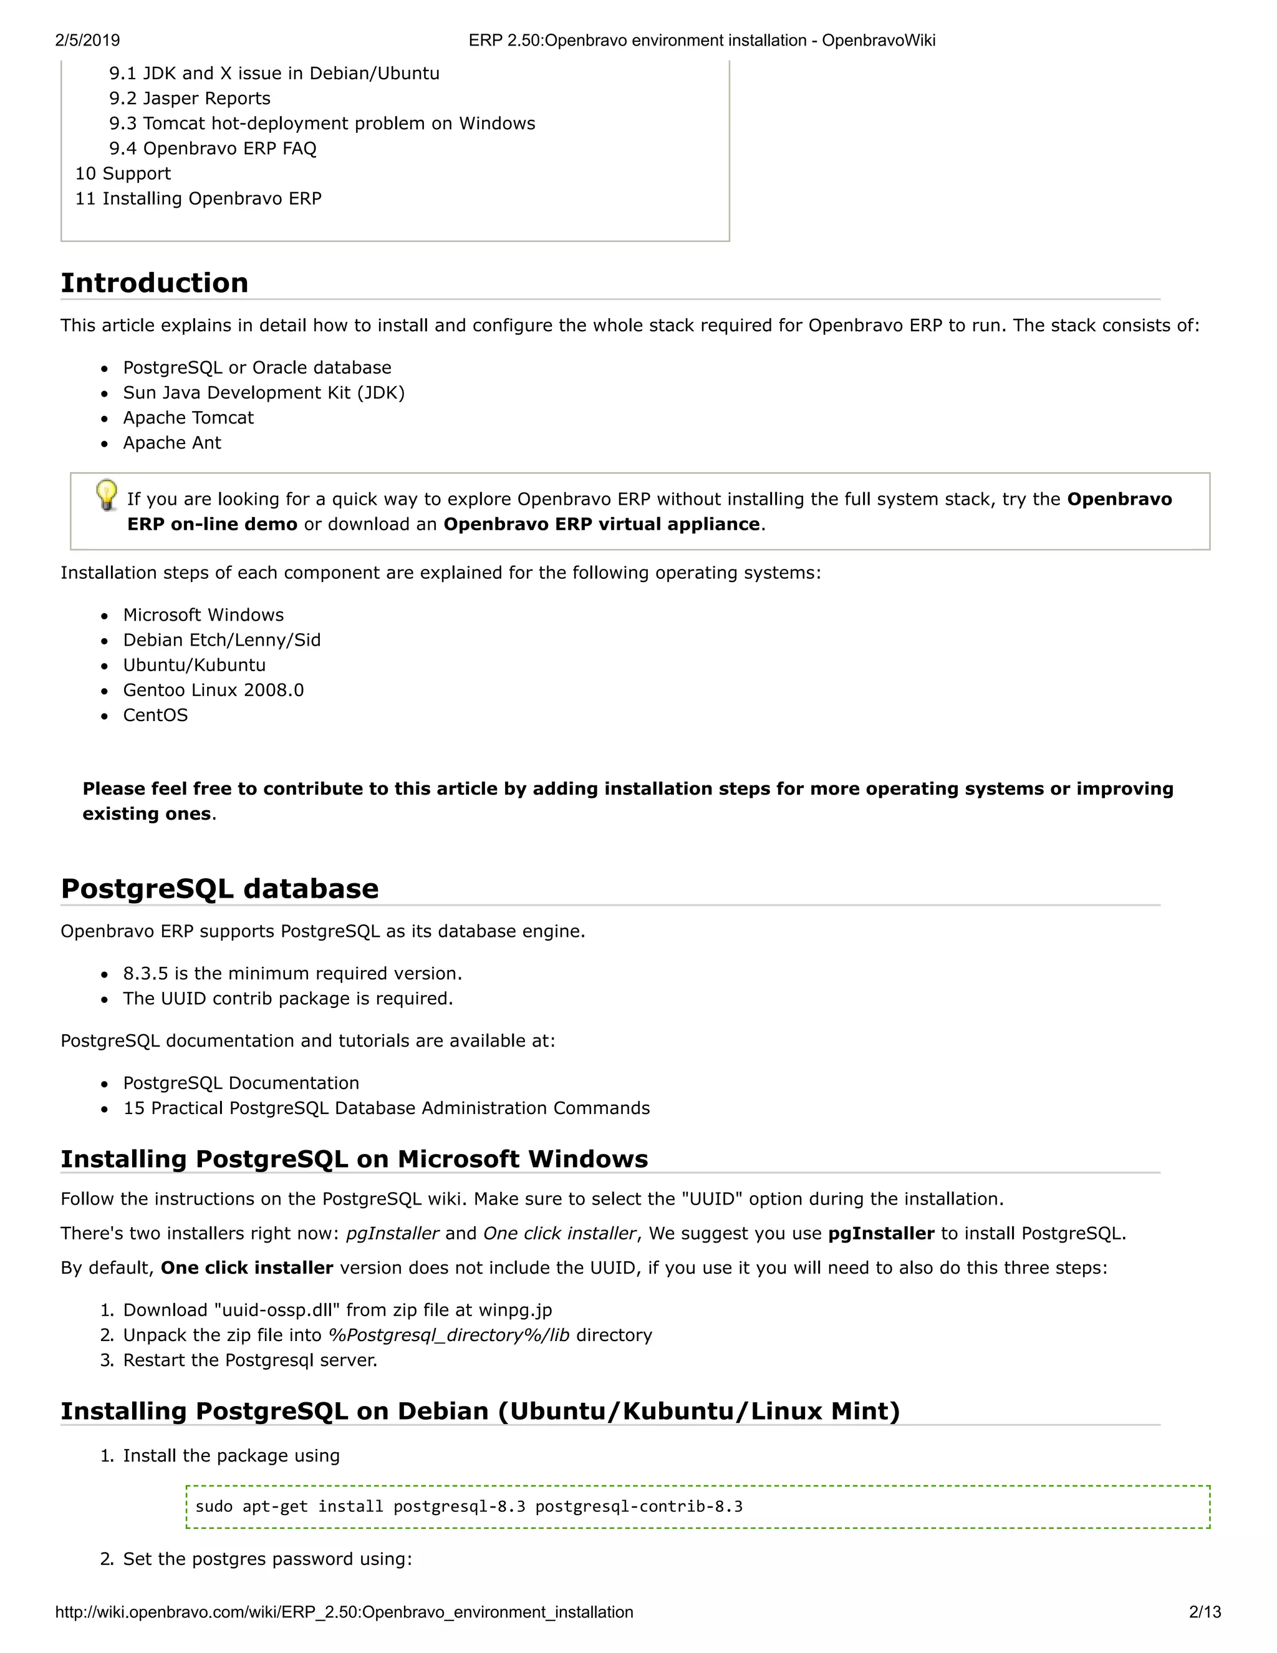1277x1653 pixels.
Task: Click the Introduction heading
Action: (155, 283)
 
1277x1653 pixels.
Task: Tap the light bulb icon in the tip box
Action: (107, 495)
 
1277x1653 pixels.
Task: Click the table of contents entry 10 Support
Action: (123, 173)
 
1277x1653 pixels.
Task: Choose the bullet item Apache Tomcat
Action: (188, 418)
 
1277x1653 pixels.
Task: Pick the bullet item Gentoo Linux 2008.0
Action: (213, 691)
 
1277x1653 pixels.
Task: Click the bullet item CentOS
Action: (155, 715)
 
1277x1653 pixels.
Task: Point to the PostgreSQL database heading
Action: (219, 888)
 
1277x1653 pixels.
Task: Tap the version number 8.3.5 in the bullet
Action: (145, 973)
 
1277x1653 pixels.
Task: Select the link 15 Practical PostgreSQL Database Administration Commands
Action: (386, 1108)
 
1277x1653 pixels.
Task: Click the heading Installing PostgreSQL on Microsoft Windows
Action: (354, 1159)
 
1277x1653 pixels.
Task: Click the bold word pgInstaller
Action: (881, 1234)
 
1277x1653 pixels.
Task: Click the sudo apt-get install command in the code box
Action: (469, 1506)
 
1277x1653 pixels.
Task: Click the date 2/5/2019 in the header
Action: (87, 40)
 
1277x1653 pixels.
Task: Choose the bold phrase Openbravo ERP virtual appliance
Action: (602, 525)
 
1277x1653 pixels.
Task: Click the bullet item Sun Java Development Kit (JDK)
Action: (263, 393)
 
